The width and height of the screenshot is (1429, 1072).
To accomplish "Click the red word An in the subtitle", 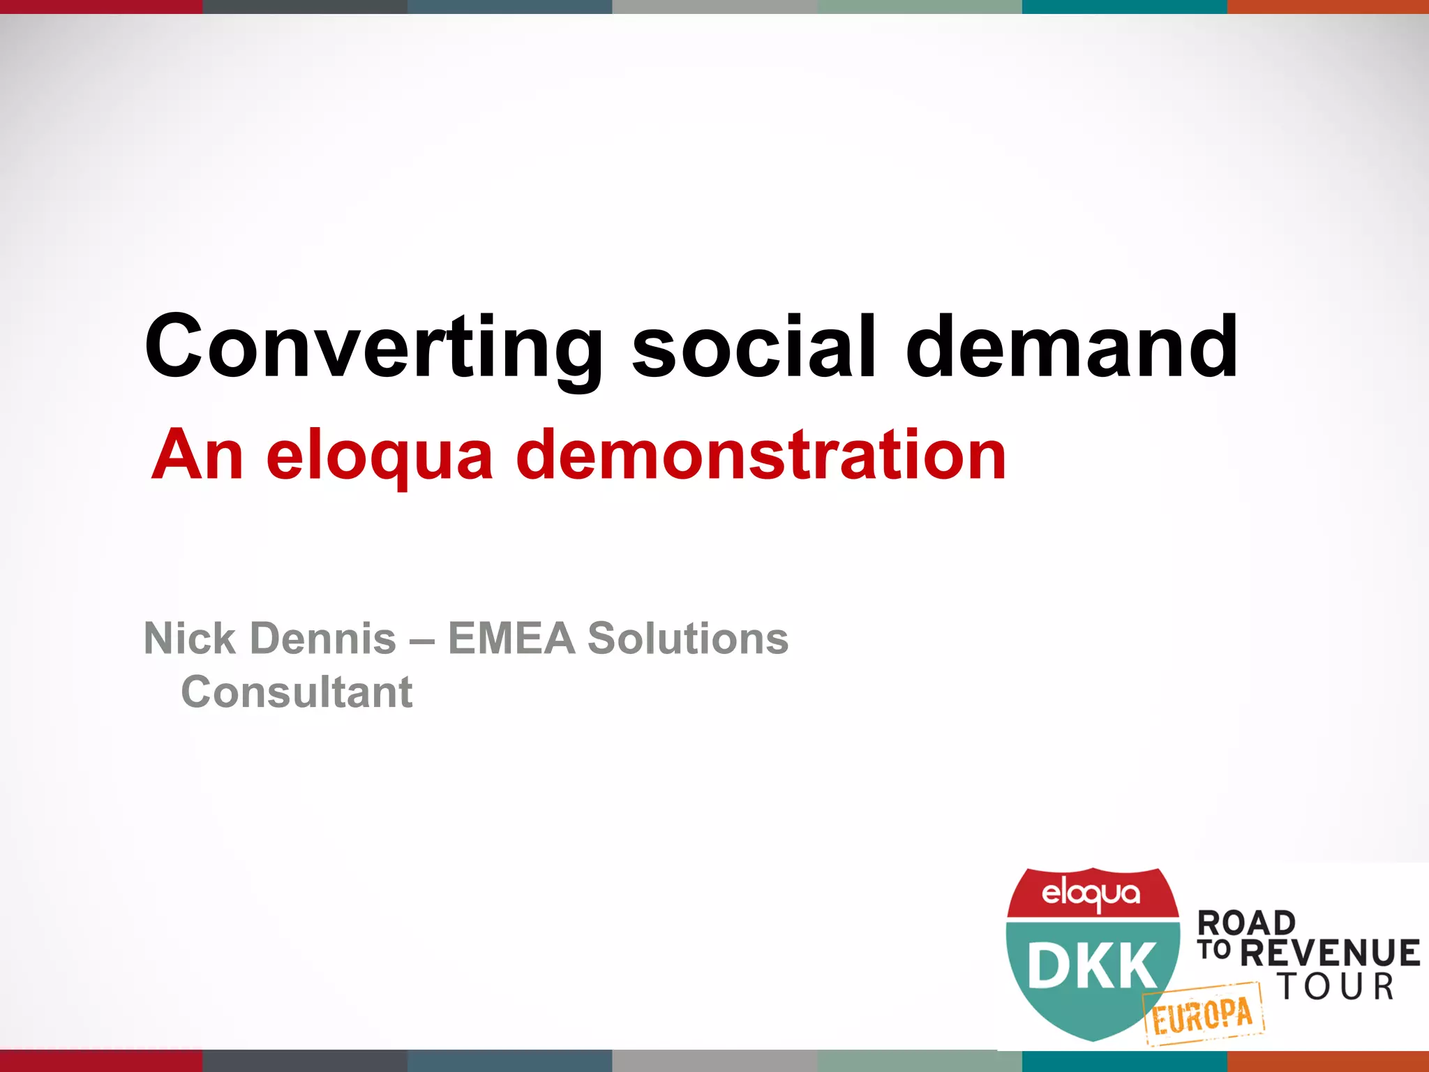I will pos(197,455).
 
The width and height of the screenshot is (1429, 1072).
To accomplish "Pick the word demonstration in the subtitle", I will pos(761,455).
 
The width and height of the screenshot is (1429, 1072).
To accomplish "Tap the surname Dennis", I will pos(323,638).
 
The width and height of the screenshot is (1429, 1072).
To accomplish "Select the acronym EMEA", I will pos(511,638).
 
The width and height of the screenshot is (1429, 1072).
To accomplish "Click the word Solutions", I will pos(688,638).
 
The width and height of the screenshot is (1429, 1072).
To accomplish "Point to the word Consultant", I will pos(297,692).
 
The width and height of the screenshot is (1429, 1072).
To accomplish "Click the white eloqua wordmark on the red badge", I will pos(1091,894).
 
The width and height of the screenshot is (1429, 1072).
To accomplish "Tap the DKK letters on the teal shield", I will pos(1092,965).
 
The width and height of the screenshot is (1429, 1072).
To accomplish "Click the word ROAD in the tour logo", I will pos(1246,923).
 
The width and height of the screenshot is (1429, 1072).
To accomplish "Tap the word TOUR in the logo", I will pos(1336,987).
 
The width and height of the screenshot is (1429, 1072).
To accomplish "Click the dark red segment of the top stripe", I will pos(101,6).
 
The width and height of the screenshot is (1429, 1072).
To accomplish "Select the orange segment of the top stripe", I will pos(1327,6).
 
